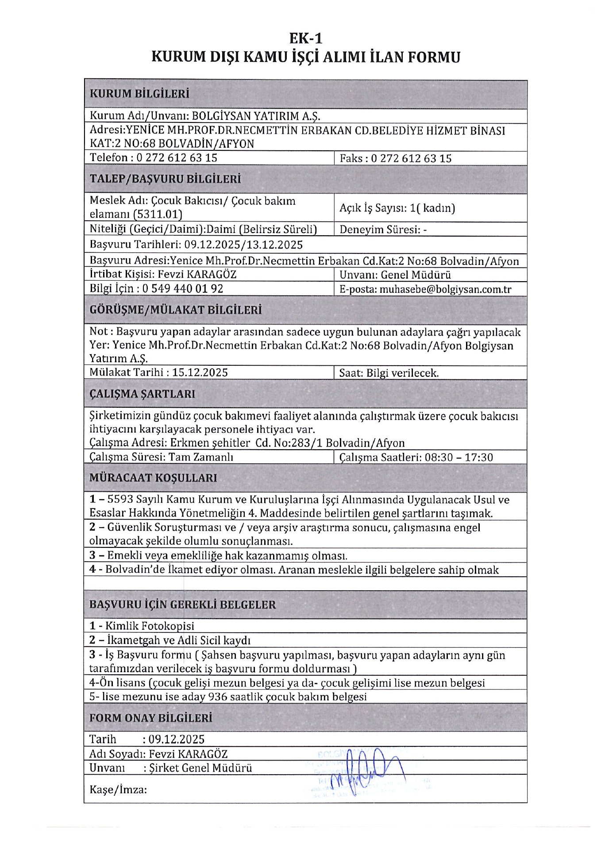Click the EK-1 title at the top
pyautogui.click(x=305, y=39)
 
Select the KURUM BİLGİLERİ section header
pyautogui.click(x=139, y=94)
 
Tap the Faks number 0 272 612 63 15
pyautogui.click(x=411, y=158)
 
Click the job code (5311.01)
pyautogui.click(x=158, y=215)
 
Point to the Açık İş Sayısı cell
pyautogui.click(x=397, y=208)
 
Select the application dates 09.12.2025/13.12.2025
pyautogui.click(x=243, y=245)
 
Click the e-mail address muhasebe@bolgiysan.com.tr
pyautogui.click(x=445, y=290)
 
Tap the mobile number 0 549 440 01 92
pyautogui.click(x=183, y=289)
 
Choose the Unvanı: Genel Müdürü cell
pyautogui.click(x=395, y=275)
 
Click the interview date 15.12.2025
pyautogui.click(x=200, y=372)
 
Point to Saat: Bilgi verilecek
pyautogui.click(x=389, y=373)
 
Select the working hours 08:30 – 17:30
pyautogui.click(x=458, y=457)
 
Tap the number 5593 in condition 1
pyautogui.click(x=120, y=500)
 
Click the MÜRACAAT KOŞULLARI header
pyautogui.click(x=153, y=478)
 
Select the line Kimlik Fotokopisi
pyautogui.click(x=142, y=626)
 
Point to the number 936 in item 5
pyautogui.click(x=217, y=697)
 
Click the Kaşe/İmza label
pyautogui.click(x=118, y=790)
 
